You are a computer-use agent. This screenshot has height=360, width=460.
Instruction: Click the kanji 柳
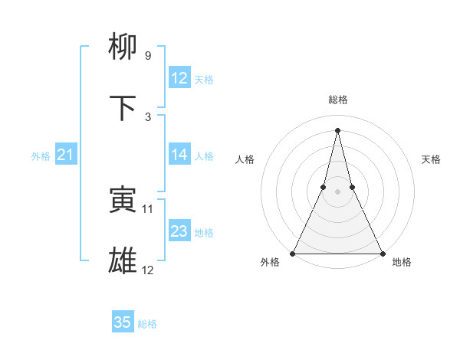point(123,47)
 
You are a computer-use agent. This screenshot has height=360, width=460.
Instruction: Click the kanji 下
point(123,109)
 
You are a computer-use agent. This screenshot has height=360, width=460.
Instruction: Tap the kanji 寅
point(123,200)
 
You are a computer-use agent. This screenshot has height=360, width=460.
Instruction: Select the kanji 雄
point(123,261)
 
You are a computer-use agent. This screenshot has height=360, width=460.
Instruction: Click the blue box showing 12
point(179,78)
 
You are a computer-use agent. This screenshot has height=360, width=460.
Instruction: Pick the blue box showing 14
point(179,155)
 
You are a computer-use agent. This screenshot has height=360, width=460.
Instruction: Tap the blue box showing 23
point(179,231)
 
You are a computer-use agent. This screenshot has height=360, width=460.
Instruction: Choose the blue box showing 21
point(66,155)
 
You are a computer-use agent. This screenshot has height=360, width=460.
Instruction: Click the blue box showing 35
point(123,322)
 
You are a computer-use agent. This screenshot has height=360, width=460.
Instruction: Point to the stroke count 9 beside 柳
point(147,56)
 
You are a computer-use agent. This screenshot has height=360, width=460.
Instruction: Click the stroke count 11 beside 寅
point(148,208)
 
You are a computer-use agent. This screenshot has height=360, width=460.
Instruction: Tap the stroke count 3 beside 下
point(147,117)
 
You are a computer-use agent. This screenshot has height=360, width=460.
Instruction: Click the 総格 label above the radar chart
point(338,100)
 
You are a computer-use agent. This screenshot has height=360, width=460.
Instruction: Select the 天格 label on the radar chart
point(431,159)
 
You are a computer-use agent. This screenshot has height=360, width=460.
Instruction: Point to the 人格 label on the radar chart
point(245,159)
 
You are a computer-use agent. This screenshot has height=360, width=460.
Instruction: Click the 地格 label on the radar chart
point(402,262)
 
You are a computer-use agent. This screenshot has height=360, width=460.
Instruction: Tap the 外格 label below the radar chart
point(270,262)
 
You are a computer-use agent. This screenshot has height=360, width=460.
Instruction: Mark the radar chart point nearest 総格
point(338,129)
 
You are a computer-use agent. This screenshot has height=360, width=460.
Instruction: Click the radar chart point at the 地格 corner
point(382,253)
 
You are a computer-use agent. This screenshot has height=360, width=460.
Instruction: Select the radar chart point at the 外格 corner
point(294,253)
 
